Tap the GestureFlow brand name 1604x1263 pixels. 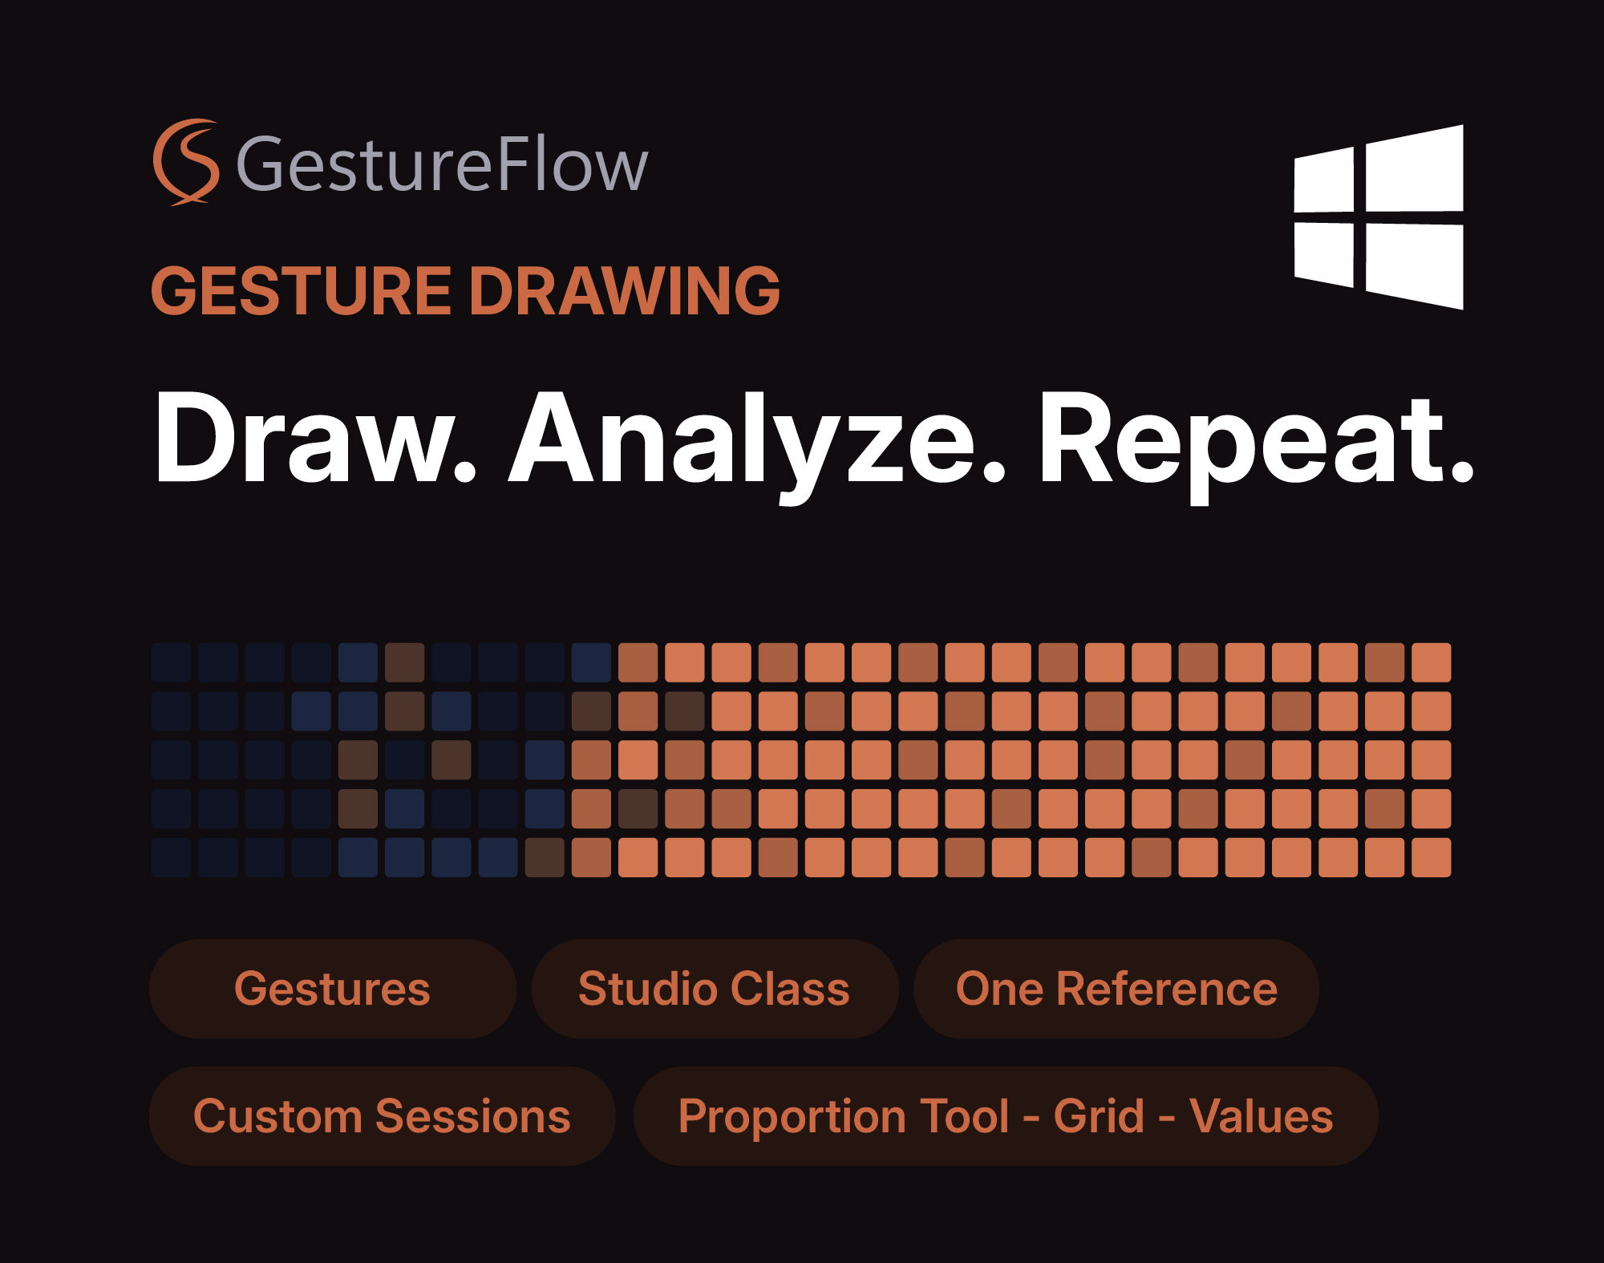[442, 164]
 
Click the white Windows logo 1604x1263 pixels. [1379, 217]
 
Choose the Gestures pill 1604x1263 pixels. [333, 989]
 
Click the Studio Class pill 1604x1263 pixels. [715, 989]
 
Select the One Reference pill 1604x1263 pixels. [1116, 989]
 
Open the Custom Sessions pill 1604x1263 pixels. [383, 1116]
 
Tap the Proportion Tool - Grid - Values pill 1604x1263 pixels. [1006, 1116]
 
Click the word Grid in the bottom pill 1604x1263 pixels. [1099, 1116]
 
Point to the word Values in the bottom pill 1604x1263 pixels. [1262, 1116]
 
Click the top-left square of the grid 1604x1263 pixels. [172, 662]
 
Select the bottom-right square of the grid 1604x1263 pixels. [1432, 857]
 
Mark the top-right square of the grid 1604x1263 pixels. [1432, 662]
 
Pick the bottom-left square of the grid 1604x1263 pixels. [172, 857]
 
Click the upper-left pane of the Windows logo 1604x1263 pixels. [1325, 181]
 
